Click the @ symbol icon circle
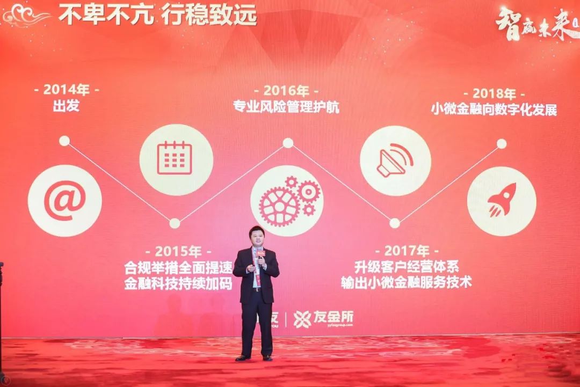point(64,201)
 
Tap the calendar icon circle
point(176,159)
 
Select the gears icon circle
point(287,201)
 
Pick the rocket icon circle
point(502,201)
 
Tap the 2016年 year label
point(286,90)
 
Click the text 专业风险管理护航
point(286,106)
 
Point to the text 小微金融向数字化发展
point(494,109)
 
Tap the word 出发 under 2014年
point(66,106)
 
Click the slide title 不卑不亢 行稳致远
point(157,16)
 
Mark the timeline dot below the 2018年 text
point(501,143)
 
